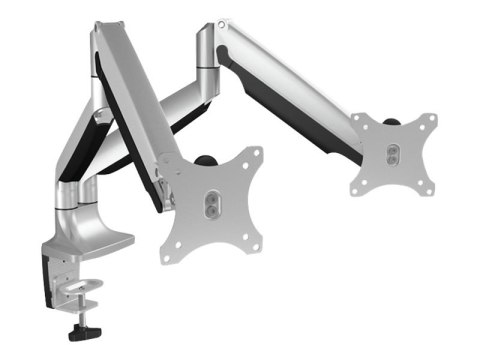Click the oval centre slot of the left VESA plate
click(x=213, y=201)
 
